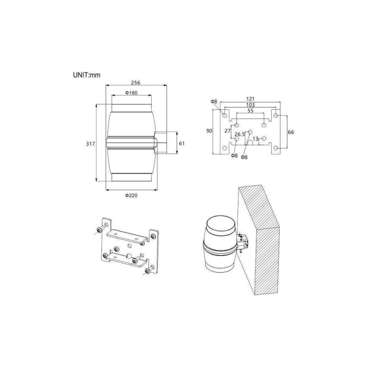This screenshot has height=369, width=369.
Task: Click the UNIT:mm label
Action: (x=87, y=75)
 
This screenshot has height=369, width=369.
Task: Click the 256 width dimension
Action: (x=136, y=83)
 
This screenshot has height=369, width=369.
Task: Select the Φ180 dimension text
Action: (x=131, y=93)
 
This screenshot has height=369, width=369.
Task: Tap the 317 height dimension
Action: (x=90, y=143)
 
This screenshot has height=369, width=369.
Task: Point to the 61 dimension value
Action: (x=182, y=143)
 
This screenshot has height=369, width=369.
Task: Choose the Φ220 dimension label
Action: (x=131, y=195)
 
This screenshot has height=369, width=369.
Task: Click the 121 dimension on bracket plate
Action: (x=250, y=99)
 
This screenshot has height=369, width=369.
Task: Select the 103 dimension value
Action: (x=250, y=105)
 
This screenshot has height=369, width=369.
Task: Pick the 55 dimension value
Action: (x=250, y=111)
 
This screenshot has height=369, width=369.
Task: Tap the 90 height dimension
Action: (x=209, y=131)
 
